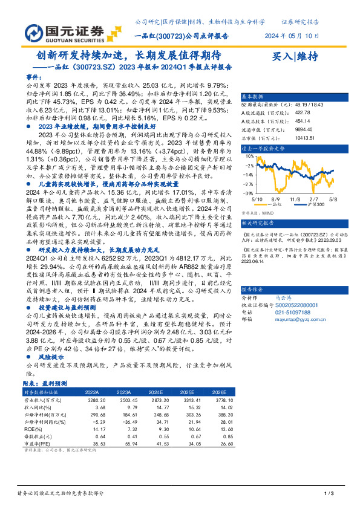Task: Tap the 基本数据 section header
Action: (253, 97)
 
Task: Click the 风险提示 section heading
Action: (51, 357)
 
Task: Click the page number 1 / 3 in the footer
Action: (329, 494)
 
